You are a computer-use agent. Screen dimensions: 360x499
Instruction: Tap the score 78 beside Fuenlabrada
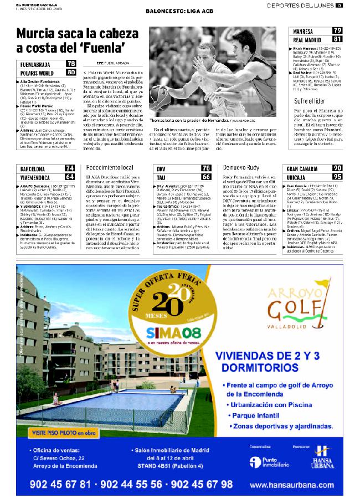tap(71, 64)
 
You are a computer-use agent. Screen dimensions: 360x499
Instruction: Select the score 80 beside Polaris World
tap(71, 72)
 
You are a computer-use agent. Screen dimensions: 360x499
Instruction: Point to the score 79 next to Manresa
tap(337, 31)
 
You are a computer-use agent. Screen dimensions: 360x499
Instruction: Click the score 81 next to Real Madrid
tap(337, 39)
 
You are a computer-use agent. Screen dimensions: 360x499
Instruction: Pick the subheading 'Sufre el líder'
tap(309, 101)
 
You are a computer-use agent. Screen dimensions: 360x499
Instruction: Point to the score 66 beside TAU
tap(205, 177)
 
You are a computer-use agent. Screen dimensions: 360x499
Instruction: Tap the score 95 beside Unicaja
tap(337, 177)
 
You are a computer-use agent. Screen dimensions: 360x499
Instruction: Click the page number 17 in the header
tap(339, 6)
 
